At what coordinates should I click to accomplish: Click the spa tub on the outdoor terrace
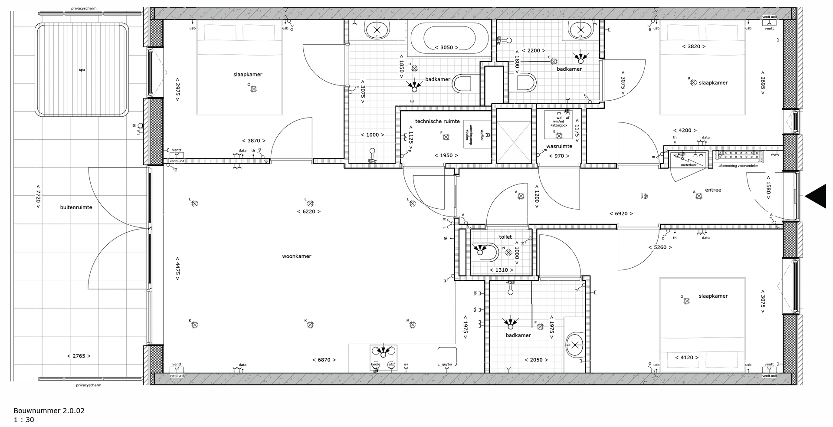82,69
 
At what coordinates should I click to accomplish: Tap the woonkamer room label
296,256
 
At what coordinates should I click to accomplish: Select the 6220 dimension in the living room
309,212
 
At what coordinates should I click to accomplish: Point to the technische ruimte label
437,122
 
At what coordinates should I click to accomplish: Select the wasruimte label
559,146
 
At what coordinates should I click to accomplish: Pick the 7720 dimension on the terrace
38,199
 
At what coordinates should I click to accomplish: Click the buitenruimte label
76,207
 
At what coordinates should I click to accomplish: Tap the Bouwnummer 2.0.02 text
49,411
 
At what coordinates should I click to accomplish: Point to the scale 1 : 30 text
24,420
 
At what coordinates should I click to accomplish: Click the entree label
713,190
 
